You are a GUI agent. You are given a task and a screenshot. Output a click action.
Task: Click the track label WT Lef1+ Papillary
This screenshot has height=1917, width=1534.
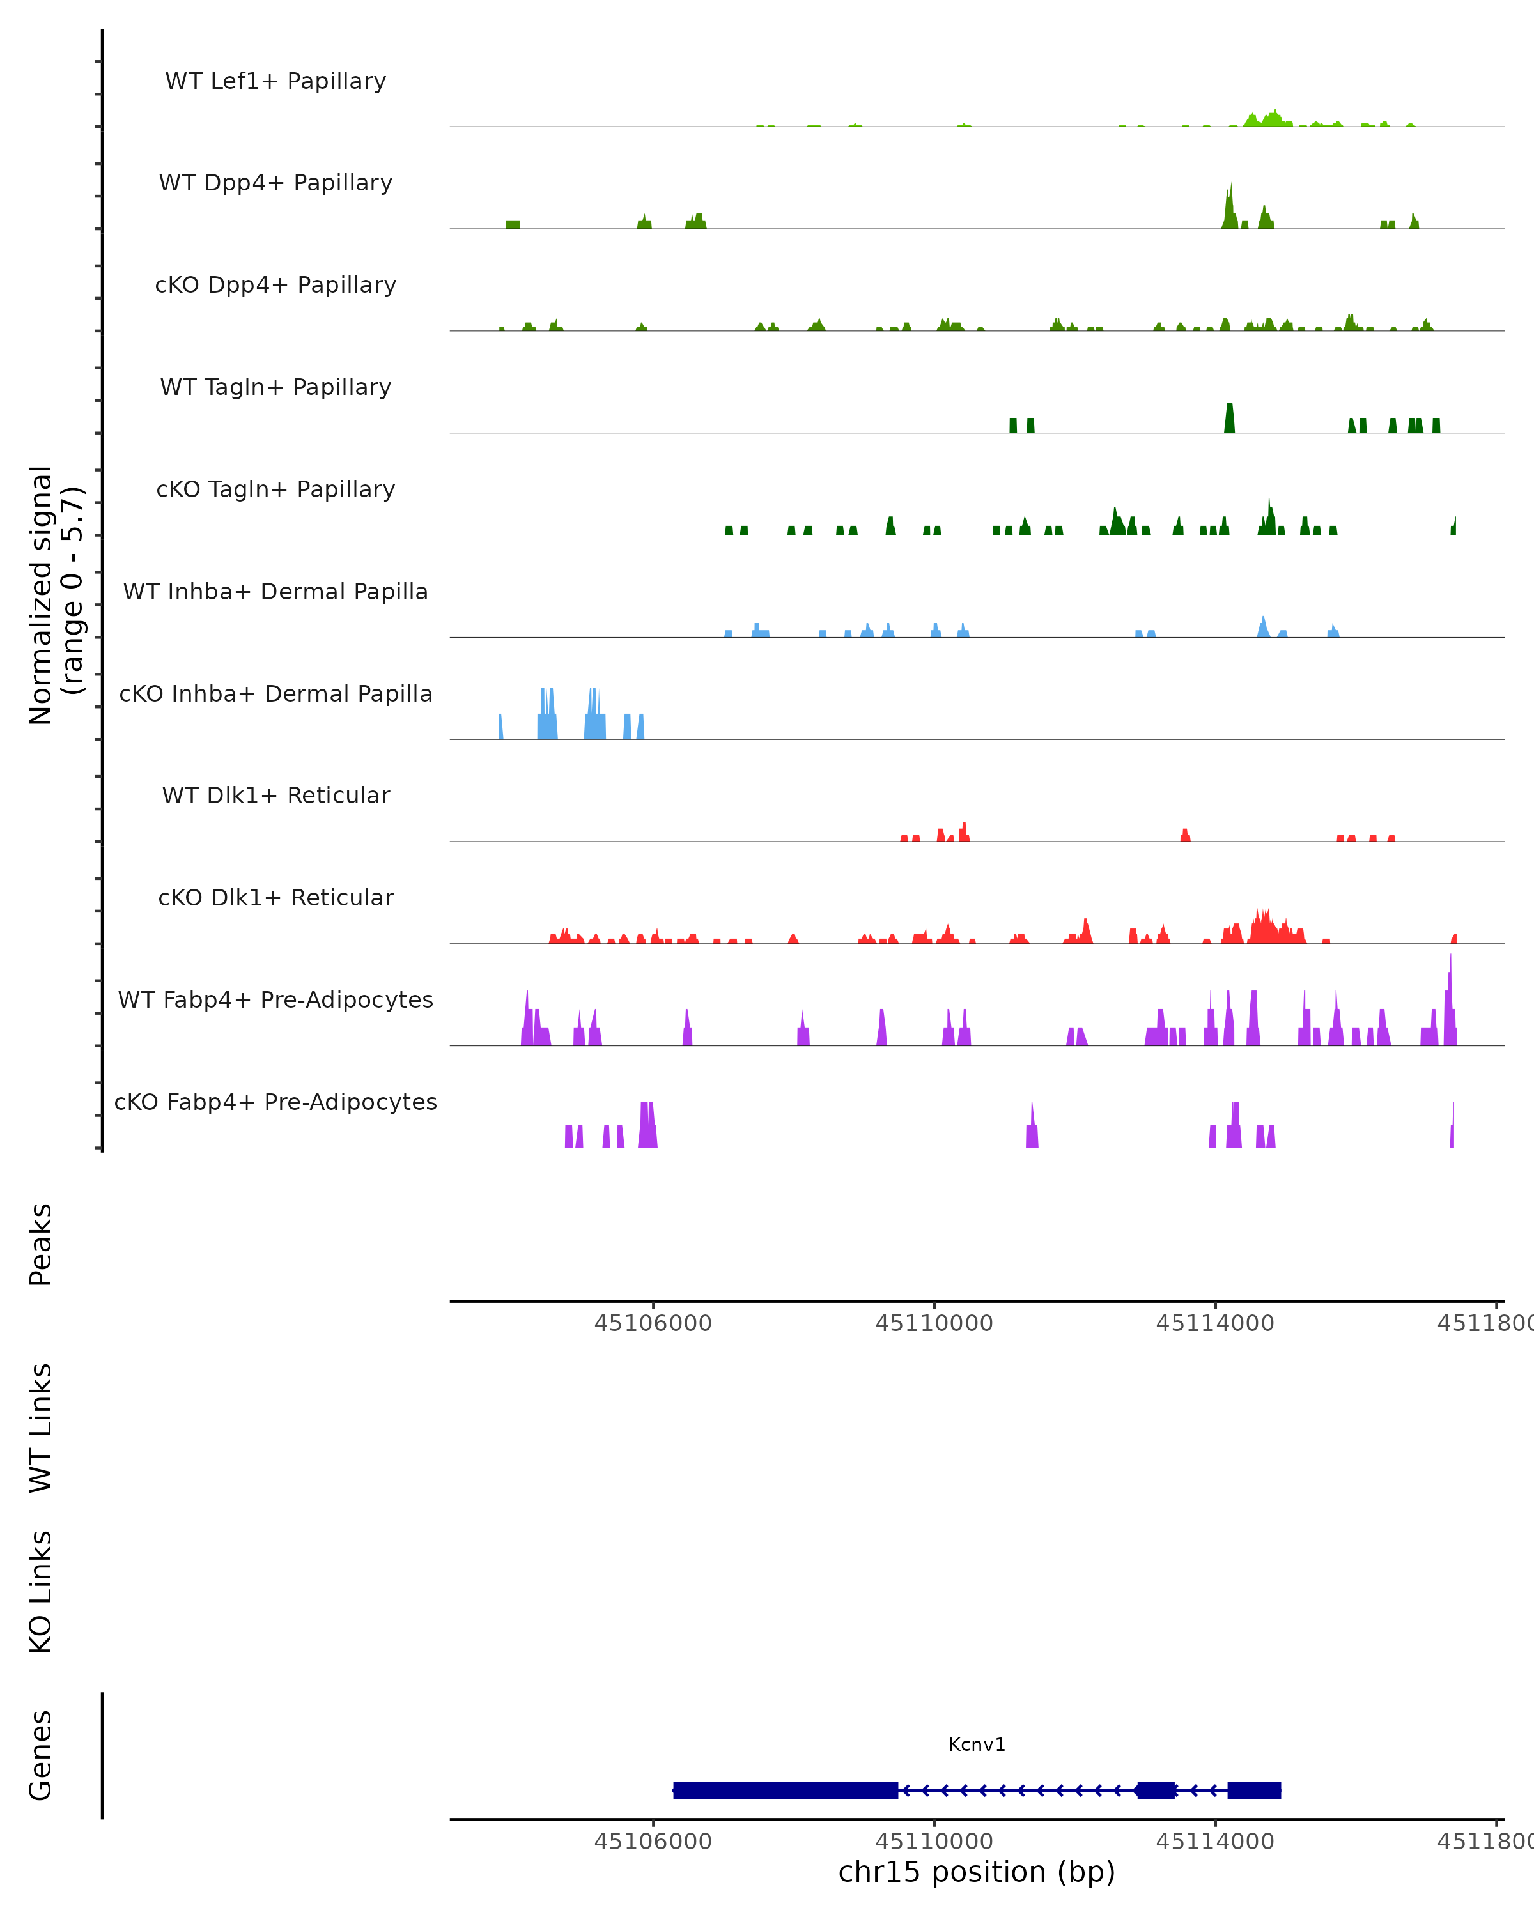(x=275, y=81)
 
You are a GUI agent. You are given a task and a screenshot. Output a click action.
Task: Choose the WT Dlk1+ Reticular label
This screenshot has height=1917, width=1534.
(x=275, y=795)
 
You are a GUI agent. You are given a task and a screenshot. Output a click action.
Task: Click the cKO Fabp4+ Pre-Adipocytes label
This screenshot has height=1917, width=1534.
(x=275, y=1102)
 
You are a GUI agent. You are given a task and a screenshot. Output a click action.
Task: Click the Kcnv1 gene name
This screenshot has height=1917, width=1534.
(x=977, y=1744)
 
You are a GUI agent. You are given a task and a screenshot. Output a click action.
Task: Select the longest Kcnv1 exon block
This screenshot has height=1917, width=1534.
(x=786, y=1790)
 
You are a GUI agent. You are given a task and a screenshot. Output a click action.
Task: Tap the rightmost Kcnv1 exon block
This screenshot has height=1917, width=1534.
(x=1254, y=1790)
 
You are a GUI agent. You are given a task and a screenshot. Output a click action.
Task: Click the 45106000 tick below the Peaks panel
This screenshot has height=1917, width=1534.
(x=653, y=1323)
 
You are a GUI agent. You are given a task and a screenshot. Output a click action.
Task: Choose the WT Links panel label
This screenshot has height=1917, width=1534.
(x=41, y=1427)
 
